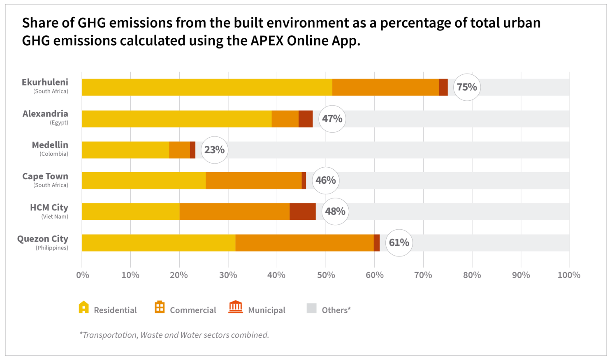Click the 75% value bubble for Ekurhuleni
(x=467, y=87)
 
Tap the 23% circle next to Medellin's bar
(x=214, y=150)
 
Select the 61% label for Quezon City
(x=399, y=243)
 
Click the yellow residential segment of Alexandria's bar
(x=176, y=119)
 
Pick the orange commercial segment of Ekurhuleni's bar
(x=385, y=87)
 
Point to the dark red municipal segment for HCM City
(x=302, y=212)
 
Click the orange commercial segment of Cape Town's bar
(x=253, y=181)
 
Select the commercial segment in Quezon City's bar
(x=304, y=243)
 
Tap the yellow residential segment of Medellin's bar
(x=125, y=150)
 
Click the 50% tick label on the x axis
(x=326, y=275)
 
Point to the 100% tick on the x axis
(x=569, y=275)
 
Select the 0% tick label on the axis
(x=83, y=275)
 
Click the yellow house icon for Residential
(x=83, y=307)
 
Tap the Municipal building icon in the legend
(x=236, y=307)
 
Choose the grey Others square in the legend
(x=311, y=308)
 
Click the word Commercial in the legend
(x=193, y=310)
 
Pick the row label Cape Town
(x=45, y=176)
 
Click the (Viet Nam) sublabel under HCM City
(x=55, y=217)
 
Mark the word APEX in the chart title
(x=266, y=41)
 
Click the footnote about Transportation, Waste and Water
(x=174, y=335)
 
